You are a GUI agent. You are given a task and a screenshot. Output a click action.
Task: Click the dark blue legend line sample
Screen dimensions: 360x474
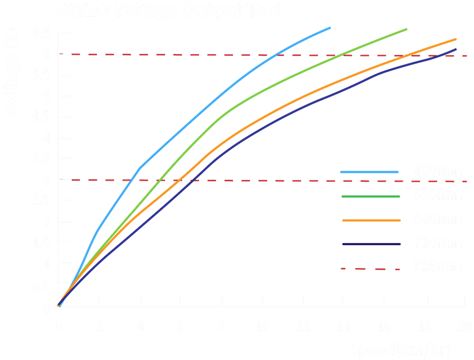tap(371, 244)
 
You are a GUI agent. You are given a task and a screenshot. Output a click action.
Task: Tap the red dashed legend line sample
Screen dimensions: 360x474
tap(371, 269)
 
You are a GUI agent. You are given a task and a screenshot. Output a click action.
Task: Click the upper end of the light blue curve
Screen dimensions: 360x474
tap(330, 27)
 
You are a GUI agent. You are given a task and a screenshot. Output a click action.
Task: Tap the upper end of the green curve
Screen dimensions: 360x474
tap(407, 28)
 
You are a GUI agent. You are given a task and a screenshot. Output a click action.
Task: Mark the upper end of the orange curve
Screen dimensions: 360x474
tap(456, 38)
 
